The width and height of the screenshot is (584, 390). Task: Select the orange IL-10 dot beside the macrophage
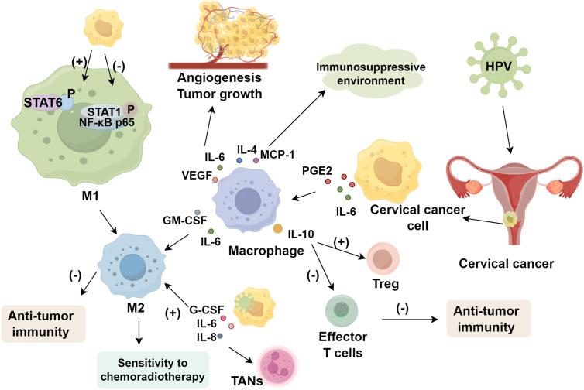click(277, 228)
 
